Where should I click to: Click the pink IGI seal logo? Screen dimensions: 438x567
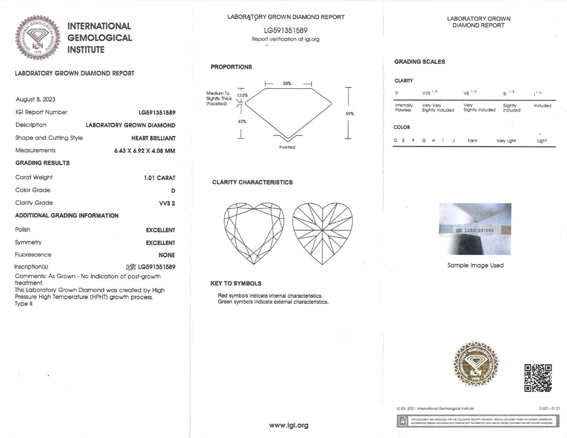(38, 37)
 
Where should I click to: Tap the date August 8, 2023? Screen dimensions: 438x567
(35, 99)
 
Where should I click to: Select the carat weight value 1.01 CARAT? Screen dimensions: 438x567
(159, 178)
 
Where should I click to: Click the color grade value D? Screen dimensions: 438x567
(173, 191)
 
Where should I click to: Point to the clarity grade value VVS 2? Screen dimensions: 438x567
(167, 203)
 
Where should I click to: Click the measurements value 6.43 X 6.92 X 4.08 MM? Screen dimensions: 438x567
(145, 151)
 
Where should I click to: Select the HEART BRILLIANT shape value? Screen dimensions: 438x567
(153, 138)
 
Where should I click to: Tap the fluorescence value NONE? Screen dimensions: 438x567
(167, 255)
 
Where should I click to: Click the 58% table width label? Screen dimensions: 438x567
(287, 83)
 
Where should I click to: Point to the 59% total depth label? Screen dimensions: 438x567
(350, 114)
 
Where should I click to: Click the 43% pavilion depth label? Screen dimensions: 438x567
(242, 121)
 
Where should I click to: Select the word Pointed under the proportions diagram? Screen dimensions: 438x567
(287, 147)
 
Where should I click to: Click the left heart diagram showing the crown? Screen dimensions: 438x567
(254, 233)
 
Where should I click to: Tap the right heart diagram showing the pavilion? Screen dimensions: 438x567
(322, 233)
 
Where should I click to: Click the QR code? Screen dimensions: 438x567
(538, 378)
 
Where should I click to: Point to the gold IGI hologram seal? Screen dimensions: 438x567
(476, 364)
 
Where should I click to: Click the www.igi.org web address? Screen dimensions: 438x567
(288, 425)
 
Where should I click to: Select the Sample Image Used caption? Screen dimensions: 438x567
(475, 265)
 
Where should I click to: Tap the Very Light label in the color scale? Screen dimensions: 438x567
(506, 141)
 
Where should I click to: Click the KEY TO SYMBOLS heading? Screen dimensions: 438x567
(236, 284)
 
